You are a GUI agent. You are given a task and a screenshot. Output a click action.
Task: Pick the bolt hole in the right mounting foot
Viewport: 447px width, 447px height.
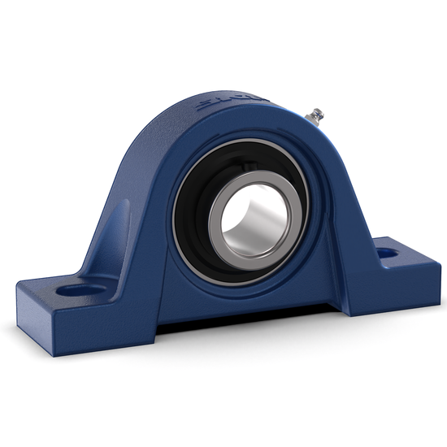tap(388, 253)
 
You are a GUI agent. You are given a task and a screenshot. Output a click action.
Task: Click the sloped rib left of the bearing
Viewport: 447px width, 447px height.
tap(122, 236)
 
